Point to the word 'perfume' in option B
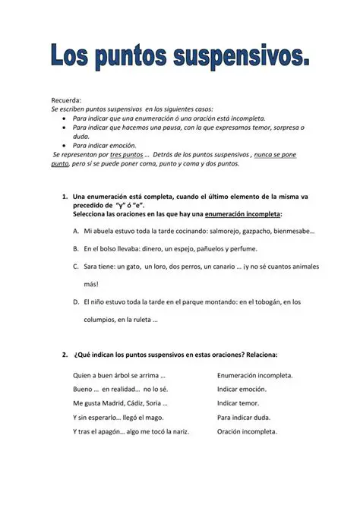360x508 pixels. (241, 248)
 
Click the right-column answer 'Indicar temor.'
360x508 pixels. (238, 403)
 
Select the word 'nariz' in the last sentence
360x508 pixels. (178, 432)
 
